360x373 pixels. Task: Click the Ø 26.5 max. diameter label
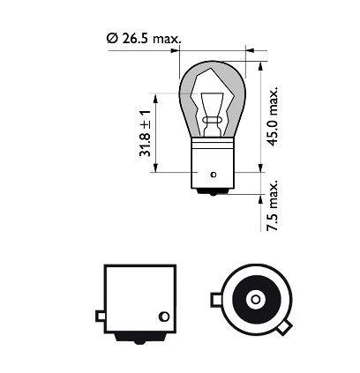point(144,39)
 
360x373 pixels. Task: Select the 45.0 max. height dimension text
point(274,116)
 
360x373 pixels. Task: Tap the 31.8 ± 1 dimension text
point(146,133)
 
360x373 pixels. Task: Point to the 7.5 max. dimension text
point(272,205)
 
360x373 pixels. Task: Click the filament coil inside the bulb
point(212,121)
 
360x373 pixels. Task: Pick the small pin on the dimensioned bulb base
point(214,175)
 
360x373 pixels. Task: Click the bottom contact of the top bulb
point(213,191)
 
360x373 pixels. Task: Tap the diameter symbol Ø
point(112,39)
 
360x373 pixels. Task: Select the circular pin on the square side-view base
point(164,317)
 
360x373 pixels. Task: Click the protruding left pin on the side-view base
point(101,317)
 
